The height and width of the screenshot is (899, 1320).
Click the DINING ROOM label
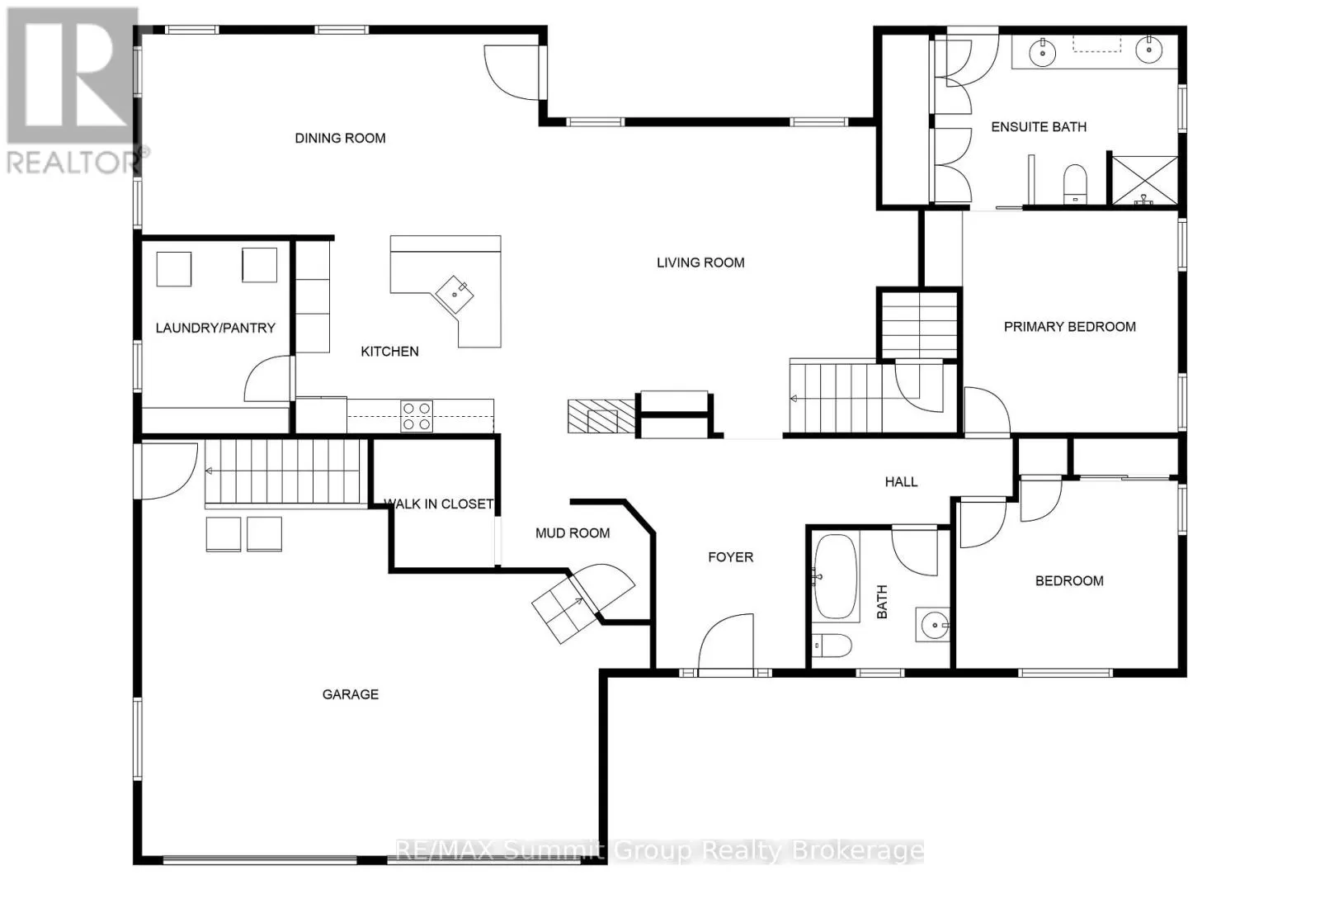(340, 139)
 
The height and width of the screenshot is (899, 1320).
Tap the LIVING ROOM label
(700, 263)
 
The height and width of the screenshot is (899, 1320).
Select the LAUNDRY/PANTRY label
(215, 329)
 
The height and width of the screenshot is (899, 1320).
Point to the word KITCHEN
(389, 352)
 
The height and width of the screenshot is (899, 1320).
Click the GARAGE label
(351, 694)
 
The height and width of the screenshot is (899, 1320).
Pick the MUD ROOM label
(573, 533)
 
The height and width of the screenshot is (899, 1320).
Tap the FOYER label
(731, 558)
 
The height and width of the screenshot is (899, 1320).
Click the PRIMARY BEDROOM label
(1070, 327)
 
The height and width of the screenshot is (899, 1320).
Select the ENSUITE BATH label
(1039, 127)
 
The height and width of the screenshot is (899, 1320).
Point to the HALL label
(902, 482)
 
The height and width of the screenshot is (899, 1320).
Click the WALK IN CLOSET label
(439, 504)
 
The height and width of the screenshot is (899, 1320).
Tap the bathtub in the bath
(836, 576)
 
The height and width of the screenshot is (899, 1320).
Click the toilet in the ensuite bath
(1075, 184)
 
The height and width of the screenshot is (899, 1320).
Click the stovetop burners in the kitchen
(417, 416)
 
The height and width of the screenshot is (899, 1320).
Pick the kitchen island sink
(455, 294)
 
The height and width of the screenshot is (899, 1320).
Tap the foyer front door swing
(726, 642)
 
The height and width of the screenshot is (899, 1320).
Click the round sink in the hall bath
(935, 625)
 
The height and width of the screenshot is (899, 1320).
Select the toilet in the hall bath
(832, 646)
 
